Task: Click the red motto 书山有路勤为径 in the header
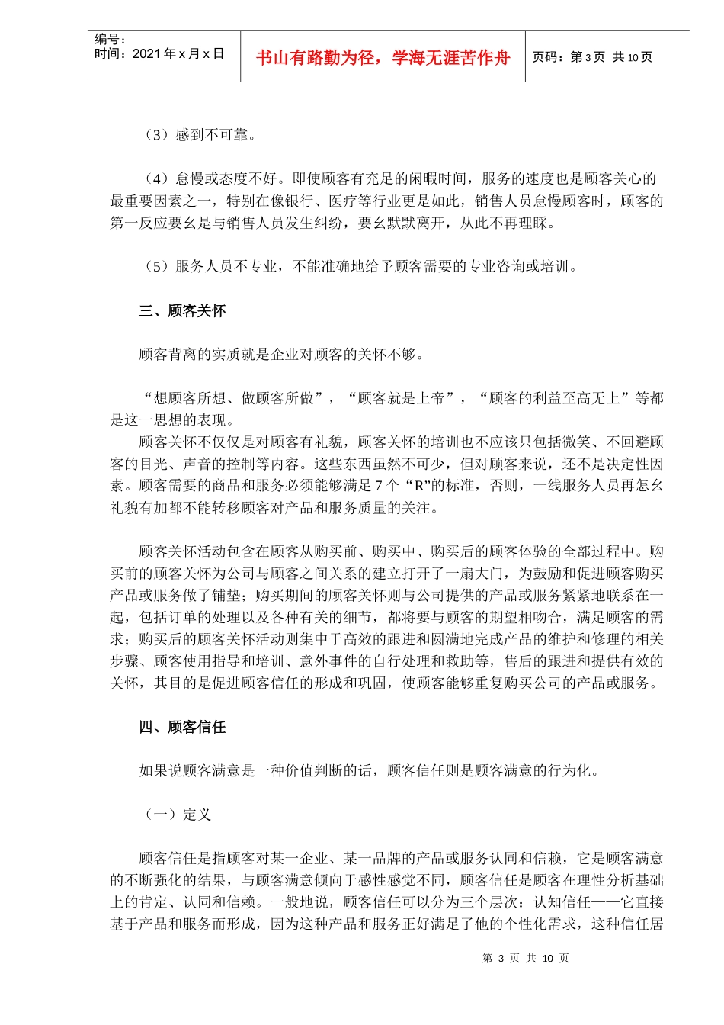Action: (383, 58)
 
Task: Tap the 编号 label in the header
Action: (109, 40)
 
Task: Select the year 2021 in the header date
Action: (147, 54)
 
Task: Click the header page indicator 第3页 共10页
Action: (592, 57)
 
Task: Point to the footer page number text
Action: (525, 959)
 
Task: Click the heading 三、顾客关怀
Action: (182, 310)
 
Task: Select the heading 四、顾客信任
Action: (182, 727)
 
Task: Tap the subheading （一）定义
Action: (177, 815)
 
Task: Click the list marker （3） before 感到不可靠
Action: (155, 135)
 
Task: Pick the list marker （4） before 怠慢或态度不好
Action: (155, 179)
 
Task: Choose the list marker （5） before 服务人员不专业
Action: (155, 266)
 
